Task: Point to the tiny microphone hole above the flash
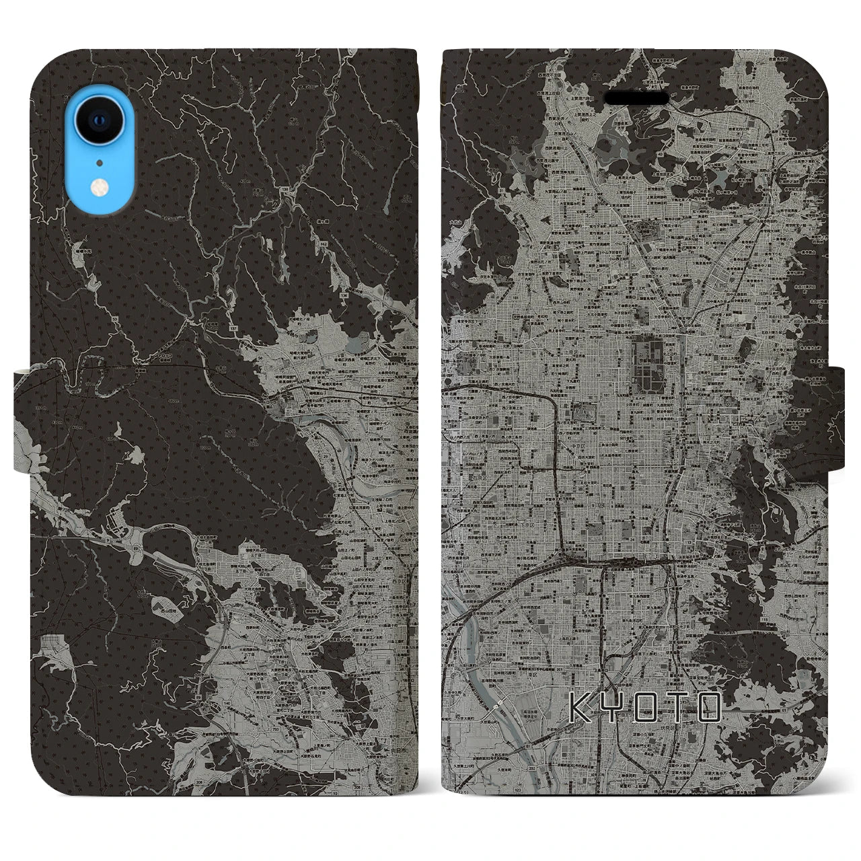pos(100,162)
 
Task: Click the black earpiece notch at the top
pos(636,99)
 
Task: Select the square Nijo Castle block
pos(584,412)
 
